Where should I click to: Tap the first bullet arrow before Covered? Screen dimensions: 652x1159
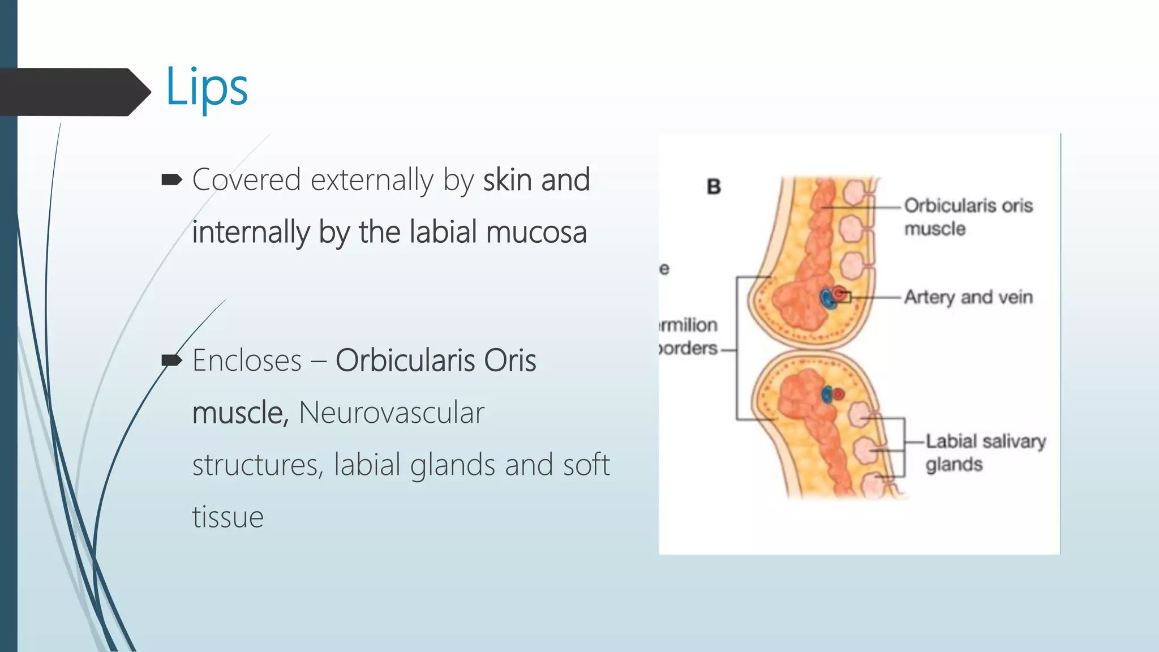[171, 180]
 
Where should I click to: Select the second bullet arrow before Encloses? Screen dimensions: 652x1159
[171, 360]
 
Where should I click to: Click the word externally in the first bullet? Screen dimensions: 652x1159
[372, 180]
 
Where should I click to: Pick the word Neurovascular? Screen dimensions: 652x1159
[391, 413]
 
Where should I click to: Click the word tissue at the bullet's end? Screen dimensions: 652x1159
[227, 517]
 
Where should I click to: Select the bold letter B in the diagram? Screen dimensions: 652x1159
[714, 186]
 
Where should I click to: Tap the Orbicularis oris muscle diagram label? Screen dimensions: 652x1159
[968, 217]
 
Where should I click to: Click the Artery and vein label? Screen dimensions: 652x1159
[968, 297]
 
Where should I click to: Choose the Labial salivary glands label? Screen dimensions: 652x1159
[985, 452]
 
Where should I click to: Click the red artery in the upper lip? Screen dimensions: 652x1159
[840, 294]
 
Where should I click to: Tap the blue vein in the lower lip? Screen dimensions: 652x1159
[827, 394]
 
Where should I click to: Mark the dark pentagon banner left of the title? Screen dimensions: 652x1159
[74, 92]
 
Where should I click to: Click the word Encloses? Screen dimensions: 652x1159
[247, 361]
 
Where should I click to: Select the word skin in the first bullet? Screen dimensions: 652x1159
[507, 180]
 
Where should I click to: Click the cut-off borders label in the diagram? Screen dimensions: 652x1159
[688, 348]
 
